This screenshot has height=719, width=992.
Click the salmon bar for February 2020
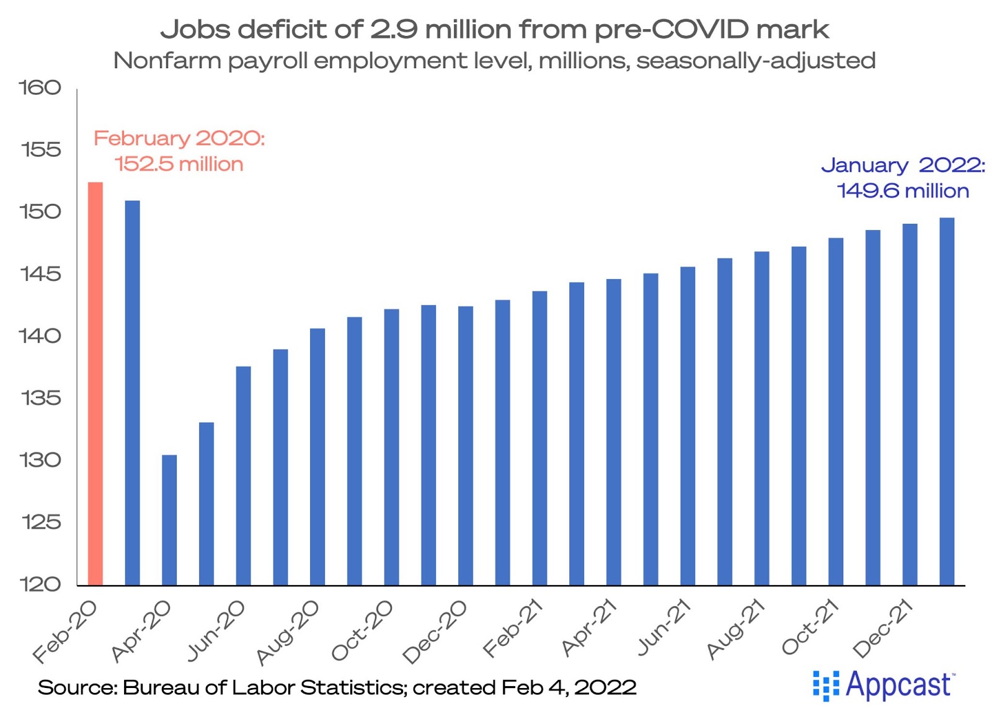pyautogui.click(x=95, y=384)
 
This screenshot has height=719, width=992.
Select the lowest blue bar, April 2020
pyautogui.click(x=169, y=520)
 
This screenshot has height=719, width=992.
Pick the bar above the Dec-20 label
pyautogui.click(x=466, y=446)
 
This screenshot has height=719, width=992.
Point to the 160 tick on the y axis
pyautogui.click(x=40, y=88)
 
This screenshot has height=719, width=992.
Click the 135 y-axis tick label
pyautogui.click(x=40, y=398)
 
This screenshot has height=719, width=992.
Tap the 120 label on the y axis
pyautogui.click(x=40, y=584)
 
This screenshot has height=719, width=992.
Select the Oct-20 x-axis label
pyautogui.click(x=363, y=630)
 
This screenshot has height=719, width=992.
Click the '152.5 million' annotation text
pyautogui.click(x=179, y=164)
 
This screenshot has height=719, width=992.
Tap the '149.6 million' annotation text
pyautogui.click(x=903, y=191)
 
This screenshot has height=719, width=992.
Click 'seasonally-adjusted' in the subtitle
pyautogui.click(x=756, y=61)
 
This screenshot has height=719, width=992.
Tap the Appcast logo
pyautogui.click(x=885, y=686)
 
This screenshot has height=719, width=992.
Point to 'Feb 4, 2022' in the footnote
pyautogui.click(x=569, y=687)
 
